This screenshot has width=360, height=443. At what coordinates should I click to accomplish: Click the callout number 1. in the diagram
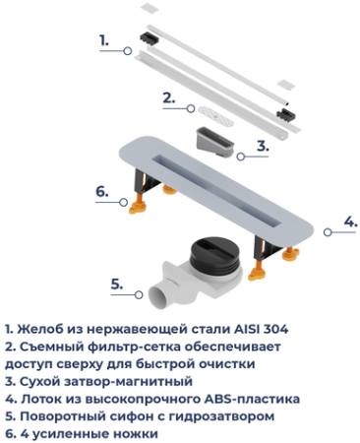point(103,40)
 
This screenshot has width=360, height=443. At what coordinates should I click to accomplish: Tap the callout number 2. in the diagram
point(168,97)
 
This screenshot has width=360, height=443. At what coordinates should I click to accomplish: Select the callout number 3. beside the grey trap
point(263,146)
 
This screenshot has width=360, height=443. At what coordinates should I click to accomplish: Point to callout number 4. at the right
point(348,221)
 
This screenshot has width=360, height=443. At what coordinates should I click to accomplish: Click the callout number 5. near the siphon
point(116,284)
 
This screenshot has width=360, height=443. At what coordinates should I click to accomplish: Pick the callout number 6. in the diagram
point(101,191)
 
